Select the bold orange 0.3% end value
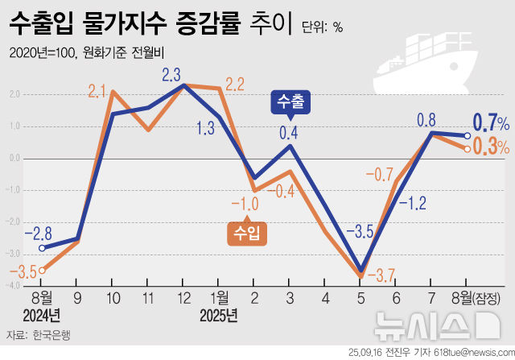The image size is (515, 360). tap(490, 147)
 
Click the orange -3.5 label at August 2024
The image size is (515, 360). tap(27, 272)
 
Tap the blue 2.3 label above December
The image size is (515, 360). tap(171, 75)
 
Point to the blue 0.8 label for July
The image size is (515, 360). tap(426, 119)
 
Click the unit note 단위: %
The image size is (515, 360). tap(323, 27)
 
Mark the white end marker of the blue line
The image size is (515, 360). tap(468, 135)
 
